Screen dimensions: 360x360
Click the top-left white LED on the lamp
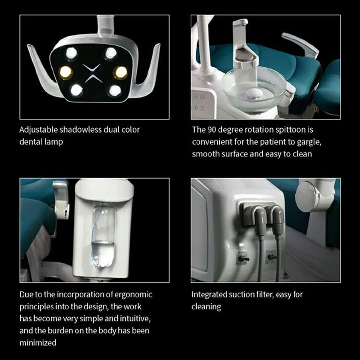point(71,53)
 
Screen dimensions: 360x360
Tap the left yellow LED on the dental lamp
point(65,71)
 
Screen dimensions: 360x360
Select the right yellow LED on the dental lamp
point(120,72)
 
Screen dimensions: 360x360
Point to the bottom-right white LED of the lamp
point(115,90)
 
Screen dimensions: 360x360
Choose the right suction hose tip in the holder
point(278,221)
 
